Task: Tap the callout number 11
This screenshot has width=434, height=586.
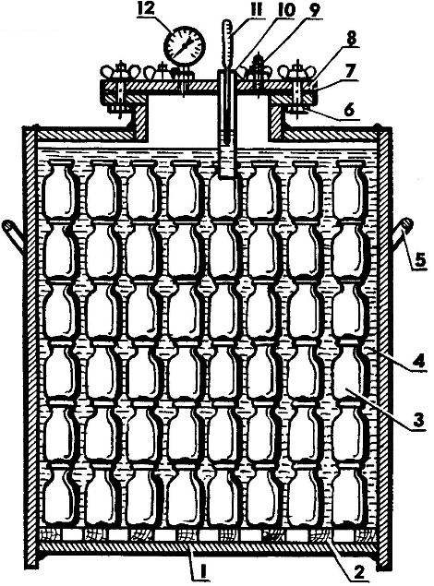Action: tap(257, 10)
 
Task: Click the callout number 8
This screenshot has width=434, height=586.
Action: tap(350, 39)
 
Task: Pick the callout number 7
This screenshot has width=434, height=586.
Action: tap(350, 72)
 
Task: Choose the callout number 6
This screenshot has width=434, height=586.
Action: tap(350, 112)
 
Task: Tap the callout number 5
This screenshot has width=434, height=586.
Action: tap(420, 259)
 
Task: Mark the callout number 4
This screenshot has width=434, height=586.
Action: tap(418, 361)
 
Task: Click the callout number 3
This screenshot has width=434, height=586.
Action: tap(418, 420)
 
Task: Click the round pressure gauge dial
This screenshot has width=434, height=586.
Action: tap(185, 47)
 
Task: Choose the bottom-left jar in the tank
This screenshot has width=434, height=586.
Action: tap(59, 496)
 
